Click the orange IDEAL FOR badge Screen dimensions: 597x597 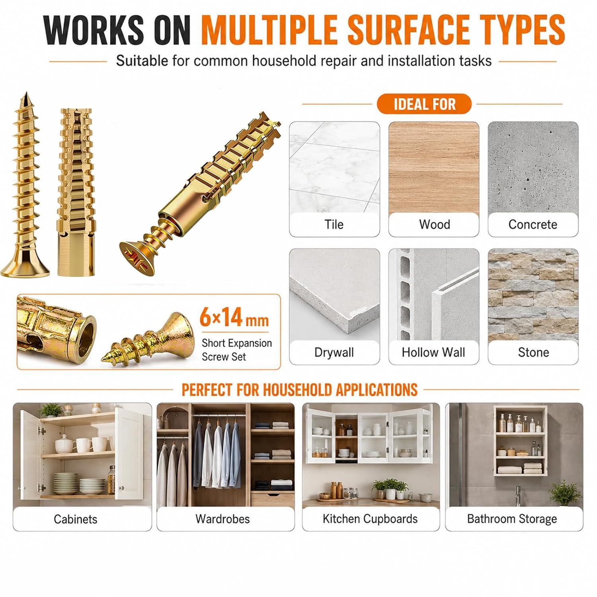pos(424,104)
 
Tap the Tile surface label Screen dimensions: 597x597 pos(334,224)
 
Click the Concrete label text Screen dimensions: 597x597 pos(533,224)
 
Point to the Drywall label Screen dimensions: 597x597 pos(334,352)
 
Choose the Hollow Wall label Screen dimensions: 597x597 pos(433,352)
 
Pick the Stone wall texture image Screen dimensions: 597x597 pos(533,295)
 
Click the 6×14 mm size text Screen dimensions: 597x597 pos(234,318)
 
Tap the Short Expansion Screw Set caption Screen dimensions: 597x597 pos(237,350)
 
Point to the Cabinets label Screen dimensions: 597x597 pos(76,519)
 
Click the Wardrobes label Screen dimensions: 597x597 pos(222,519)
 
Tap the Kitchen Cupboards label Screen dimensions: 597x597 pos(370,519)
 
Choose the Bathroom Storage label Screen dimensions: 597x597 pos(512,519)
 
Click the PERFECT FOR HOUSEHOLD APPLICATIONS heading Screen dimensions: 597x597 pos(300,390)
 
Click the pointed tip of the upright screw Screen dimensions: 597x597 pos(26,92)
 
